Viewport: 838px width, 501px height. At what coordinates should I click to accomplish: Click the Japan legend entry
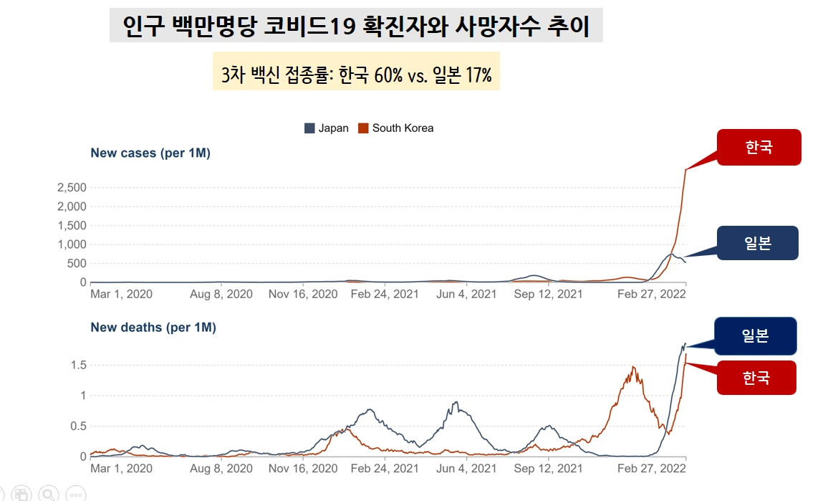(327, 128)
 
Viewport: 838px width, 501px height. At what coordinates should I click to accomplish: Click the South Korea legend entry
(396, 128)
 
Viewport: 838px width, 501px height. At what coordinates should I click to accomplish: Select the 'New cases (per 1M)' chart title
(150, 153)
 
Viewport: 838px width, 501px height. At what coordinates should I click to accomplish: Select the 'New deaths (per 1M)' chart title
(153, 328)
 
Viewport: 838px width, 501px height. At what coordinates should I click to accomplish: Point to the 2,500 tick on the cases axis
(71, 188)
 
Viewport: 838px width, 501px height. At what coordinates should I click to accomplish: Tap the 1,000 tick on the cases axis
(71, 244)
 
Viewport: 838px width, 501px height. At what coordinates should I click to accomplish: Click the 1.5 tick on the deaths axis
(78, 366)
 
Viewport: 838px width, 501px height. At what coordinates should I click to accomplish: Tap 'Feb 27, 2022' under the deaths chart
(651, 468)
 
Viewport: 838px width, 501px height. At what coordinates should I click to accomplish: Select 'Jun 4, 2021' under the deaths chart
(466, 468)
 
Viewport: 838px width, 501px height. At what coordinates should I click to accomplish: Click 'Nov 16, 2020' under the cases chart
(302, 294)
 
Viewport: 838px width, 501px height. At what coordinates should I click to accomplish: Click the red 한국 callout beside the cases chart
(758, 148)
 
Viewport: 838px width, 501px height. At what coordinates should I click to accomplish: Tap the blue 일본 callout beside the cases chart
(757, 243)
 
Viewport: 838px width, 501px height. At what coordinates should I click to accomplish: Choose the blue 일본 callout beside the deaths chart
(755, 335)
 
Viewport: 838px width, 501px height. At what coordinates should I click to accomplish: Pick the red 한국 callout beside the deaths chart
(756, 377)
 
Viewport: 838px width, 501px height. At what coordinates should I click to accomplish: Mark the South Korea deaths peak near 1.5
(633, 368)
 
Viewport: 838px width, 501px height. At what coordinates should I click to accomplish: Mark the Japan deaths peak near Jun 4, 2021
(456, 403)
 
